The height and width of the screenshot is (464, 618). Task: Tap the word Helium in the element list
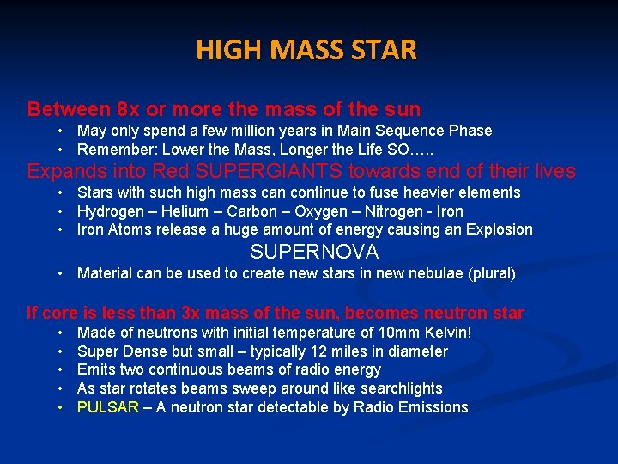187,211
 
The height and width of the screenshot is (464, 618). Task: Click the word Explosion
497,229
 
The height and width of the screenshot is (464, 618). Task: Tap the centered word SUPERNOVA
314,252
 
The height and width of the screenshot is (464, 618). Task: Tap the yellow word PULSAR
107,407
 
